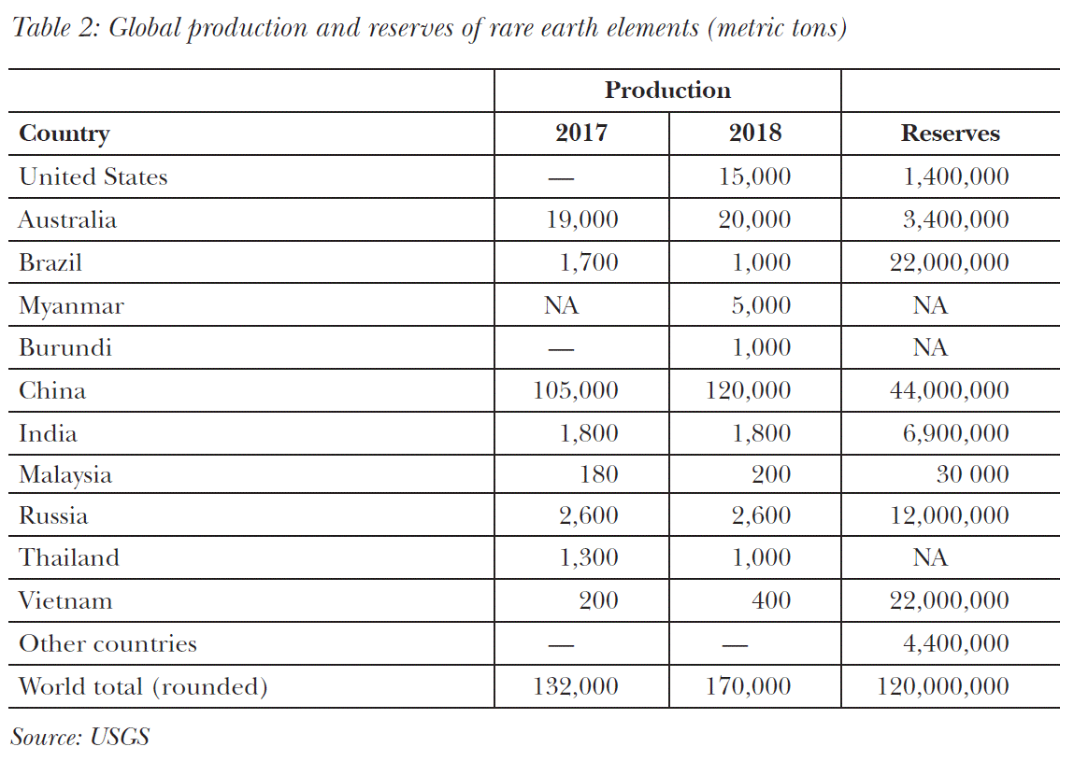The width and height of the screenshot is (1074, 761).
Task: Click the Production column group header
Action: click(x=667, y=91)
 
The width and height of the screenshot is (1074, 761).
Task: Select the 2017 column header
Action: click(x=580, y=134)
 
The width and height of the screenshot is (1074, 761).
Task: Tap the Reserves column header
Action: click(x=950, y=134)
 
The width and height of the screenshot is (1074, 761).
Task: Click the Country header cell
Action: click(x=64, y=134)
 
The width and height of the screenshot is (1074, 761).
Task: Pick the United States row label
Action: click(x=93, y=176)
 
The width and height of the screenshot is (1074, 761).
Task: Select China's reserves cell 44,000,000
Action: click(x=949, y=390)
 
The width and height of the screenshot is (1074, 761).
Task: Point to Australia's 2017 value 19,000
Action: click(x=582, y=219)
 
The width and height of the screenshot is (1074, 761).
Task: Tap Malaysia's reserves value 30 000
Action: click(x=972, y=474)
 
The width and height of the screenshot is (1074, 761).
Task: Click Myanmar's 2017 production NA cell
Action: click(x=561, y=305)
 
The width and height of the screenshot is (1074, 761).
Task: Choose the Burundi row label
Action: click(x=65, y=347)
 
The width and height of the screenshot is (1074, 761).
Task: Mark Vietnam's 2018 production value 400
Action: click(x=771, y=600)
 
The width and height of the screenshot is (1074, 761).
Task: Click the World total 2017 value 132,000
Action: click(x=576, y=687)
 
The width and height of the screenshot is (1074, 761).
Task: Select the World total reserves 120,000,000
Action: click(x=942, y=687)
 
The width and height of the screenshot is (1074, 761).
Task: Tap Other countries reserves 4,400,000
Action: click(x=955, y=643)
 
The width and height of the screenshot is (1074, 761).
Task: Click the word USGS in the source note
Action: click(x=120, y=737)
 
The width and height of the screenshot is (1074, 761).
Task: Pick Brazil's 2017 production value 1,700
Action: click(x=589, y=262)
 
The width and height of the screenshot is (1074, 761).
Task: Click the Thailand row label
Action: click(x=69, y=557)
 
